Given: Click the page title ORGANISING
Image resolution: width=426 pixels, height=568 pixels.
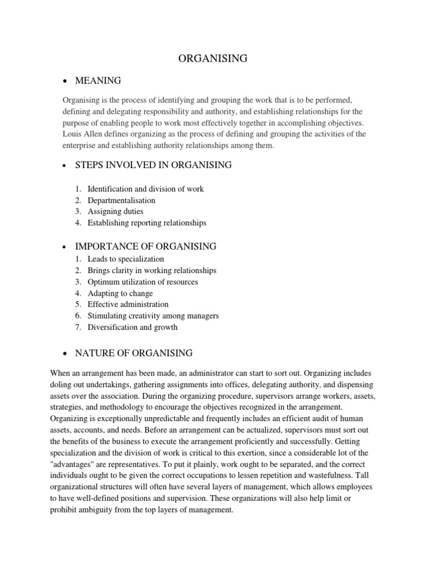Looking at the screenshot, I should tap(213, 59).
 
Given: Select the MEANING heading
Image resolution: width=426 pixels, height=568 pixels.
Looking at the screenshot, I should tap(98, 81).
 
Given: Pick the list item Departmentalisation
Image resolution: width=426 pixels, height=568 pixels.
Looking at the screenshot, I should tap(121, 200).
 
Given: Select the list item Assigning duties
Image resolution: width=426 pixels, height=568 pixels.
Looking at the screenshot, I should tap(115, 211).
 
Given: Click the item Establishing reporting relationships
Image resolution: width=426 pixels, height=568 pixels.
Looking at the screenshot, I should tap(146, 223).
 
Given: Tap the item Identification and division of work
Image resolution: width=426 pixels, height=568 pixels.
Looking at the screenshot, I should tap(145, 189).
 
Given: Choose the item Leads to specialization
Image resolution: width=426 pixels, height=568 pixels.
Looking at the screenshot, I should tap(126, 259).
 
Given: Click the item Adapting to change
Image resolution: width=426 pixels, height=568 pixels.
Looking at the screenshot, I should tap(120, 293).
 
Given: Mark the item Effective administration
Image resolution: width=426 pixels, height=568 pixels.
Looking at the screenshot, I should tap(128, 305).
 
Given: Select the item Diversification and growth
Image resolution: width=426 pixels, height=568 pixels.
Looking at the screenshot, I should tap(133, 327).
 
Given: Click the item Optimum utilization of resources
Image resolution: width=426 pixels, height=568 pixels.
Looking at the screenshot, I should tap(143, 282).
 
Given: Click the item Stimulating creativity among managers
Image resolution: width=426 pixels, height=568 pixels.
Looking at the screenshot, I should tap(153, 316).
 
